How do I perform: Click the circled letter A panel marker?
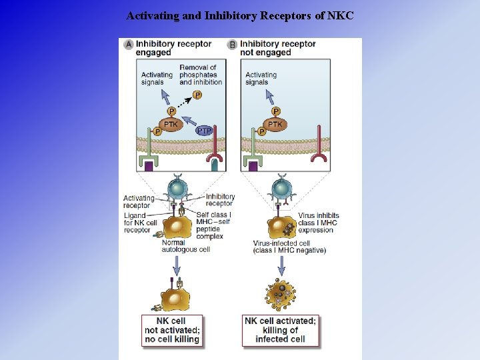pos(129,45)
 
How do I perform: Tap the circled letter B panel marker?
pos(233,45)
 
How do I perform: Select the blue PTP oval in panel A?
pos(205,131)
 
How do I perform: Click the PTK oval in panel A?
pos(171,124)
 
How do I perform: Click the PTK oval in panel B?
pos(275,124)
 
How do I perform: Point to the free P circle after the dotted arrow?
pos(198,95)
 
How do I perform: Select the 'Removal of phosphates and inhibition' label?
pos(200,75)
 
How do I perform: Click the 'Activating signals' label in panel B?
pos(261,79)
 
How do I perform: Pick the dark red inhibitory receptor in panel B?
pos(319,148)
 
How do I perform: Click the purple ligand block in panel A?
pos(149,167)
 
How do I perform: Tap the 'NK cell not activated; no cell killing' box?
pos(173,330)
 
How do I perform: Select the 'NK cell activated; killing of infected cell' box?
pos(280,330)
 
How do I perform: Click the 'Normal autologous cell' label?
pos(177,246)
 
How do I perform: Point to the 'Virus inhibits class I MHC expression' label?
pos(318,223)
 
